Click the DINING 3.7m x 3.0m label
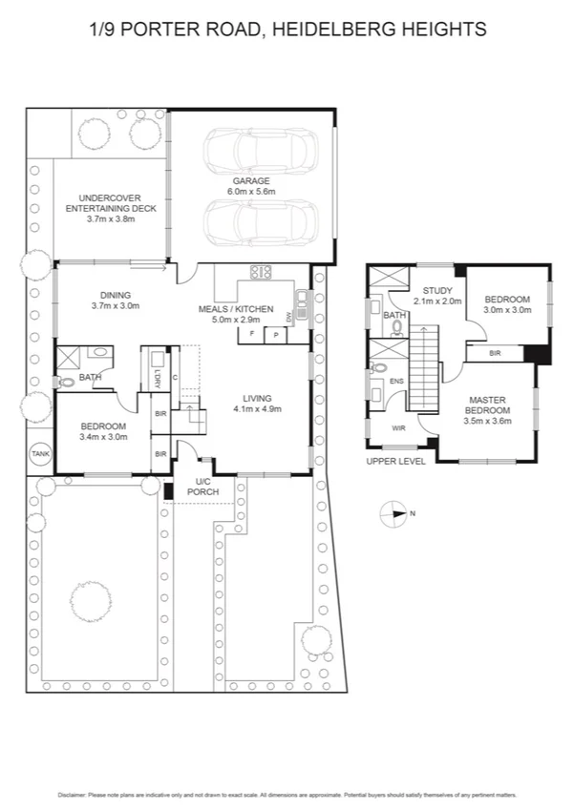116,301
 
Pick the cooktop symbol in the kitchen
261,271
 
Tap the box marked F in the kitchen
252,335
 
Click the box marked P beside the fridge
275,335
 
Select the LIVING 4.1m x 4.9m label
257,404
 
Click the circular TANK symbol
40,454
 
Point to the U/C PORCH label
202,487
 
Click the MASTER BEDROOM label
486,405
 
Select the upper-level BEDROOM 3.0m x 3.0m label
507,303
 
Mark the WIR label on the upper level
398,428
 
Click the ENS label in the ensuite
397,382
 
